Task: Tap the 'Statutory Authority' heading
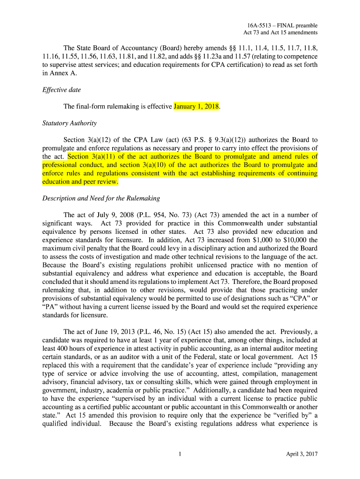point(69,123)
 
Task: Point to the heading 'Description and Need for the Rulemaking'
point(101,198)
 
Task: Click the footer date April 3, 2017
point(302,454)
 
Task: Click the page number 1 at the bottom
point(180,454)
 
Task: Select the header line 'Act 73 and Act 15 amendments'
point(281,33)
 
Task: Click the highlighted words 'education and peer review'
point(80,181)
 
